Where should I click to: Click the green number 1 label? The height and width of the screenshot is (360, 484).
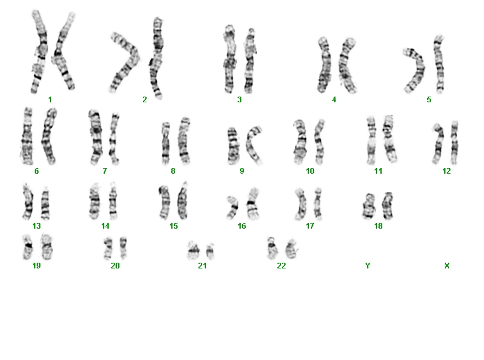[50, 100]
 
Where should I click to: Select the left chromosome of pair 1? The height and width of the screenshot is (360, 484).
[39, 52]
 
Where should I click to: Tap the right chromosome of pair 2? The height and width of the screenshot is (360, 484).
[157, 58]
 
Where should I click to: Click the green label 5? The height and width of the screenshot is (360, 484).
[429, 100]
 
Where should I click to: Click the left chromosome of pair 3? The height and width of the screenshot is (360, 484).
[229, 59]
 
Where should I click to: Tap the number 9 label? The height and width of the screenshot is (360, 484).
[242, 171]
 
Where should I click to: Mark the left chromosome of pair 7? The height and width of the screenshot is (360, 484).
[96, 137]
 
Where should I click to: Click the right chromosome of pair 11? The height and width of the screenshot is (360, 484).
[389, 139]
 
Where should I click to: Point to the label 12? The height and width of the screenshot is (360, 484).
[446, 171]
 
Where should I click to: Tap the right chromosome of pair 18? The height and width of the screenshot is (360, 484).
[387, 205]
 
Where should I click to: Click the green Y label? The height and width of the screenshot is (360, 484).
[367, 266]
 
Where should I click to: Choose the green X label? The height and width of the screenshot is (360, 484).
[447, 266]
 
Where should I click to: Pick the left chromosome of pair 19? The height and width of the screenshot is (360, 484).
[28, 247]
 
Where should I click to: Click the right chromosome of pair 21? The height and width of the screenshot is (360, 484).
[210, 251]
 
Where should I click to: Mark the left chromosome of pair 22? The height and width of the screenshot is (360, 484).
[272, 248]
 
